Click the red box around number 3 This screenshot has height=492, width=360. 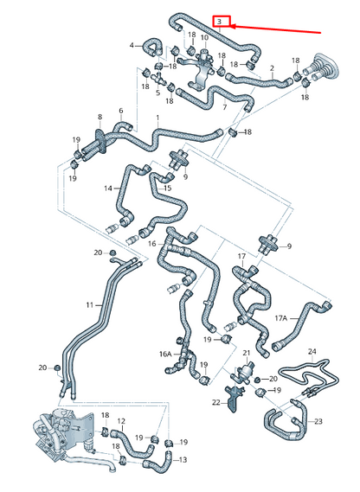tap(222, 21)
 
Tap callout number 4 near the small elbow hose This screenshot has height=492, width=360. tap(132, 45)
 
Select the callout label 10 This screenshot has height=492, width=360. tap(204, 37)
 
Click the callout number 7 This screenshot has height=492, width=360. tap(224, 107)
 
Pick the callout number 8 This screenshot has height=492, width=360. tap(100, 117)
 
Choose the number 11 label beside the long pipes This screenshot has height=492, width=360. tap(89, 305)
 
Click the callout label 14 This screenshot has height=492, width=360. tap(108, 188)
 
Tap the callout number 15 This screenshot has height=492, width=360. tap(167, 188)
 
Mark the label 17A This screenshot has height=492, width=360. tap(281, 319)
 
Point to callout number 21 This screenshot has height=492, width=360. tap(247, 353)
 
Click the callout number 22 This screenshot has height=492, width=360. tap(216, 402)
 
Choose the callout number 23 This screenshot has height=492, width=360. tap(318, 421)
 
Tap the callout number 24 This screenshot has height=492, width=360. tap(312, 352)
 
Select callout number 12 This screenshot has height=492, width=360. tap(121, 421)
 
